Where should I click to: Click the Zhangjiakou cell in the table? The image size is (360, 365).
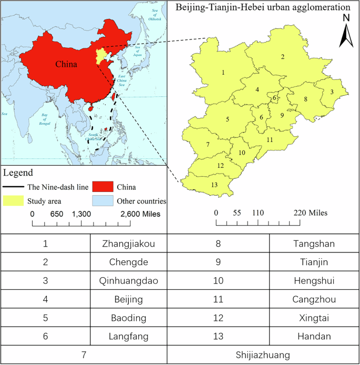tap(129, 244)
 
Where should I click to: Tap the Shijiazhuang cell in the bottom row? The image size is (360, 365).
tap(263, 355)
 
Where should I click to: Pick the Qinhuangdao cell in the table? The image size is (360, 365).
tap(129, 281)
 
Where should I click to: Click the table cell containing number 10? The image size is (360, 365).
tap(218, 281)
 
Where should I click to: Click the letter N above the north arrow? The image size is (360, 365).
tap(346, 17)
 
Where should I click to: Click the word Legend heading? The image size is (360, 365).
tap(18, 173)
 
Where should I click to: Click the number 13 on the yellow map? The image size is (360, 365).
tap(214, 184)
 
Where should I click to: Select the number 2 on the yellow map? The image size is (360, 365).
tap(283, 57)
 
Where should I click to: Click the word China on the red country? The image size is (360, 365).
tap(66, 65)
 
